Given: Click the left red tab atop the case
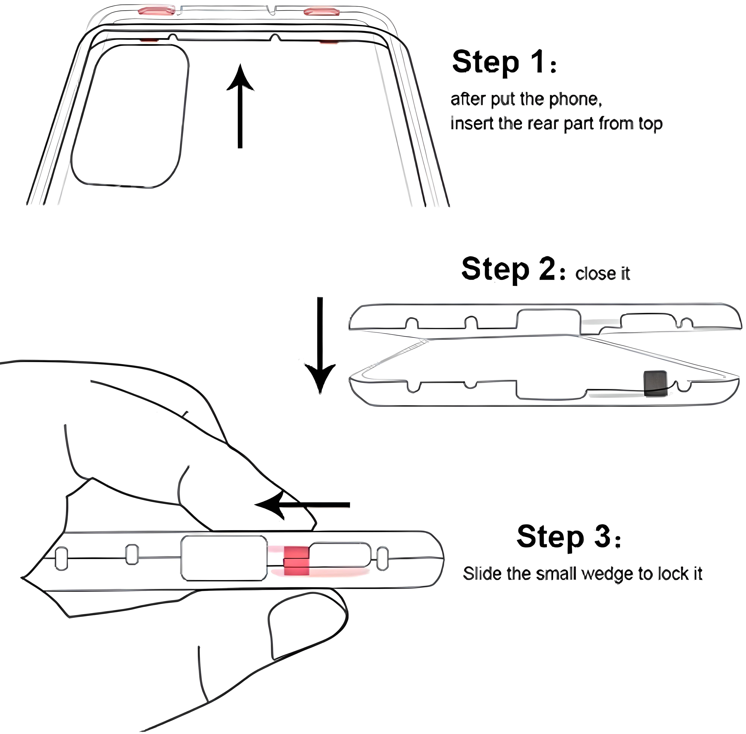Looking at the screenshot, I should [156, 10].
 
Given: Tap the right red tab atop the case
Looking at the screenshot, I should [321, 12].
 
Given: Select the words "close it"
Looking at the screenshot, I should [602, 274].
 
